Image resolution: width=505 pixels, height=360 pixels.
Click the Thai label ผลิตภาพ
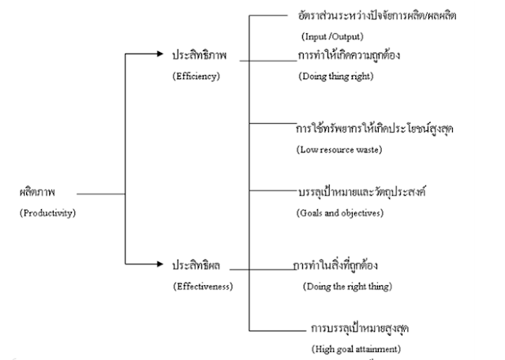37,193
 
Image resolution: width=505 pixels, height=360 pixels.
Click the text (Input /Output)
331,36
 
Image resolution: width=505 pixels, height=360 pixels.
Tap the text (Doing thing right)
335,77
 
